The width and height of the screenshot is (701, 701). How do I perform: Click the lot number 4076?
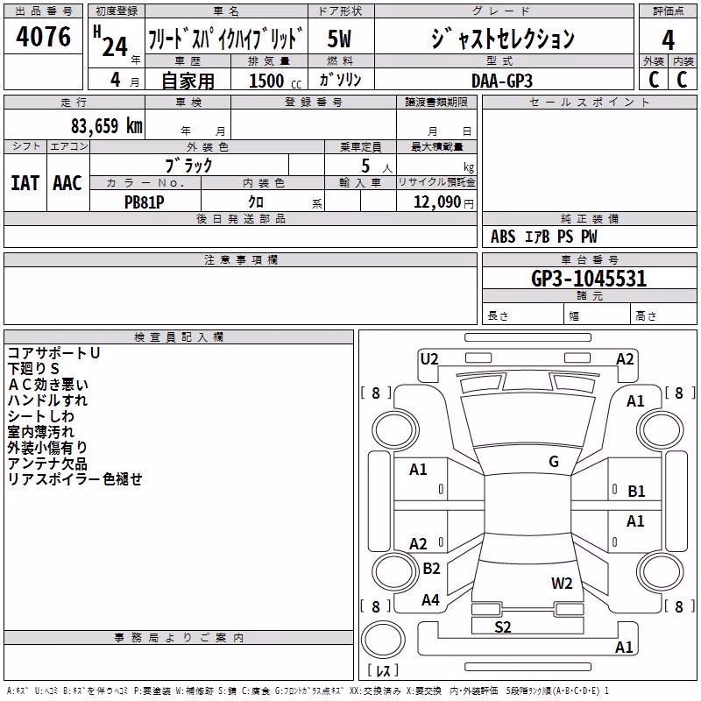click(43, 37)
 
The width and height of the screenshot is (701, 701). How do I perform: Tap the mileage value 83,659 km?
click(106, 126)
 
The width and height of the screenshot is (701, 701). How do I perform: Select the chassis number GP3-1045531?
click(589, 279)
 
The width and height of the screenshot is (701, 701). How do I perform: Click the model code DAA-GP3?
click(501, 81)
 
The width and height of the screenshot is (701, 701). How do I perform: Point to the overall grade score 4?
click(668, 40)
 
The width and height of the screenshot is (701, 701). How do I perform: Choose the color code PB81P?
click(144, 202)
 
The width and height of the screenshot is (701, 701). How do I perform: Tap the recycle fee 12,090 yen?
click(443, 202)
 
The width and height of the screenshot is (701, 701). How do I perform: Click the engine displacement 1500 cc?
click(275, 81)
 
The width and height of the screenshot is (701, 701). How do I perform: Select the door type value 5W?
click(339, 39)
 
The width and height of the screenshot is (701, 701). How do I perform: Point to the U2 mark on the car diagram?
click(429, 359)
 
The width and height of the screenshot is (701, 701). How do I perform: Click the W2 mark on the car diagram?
click(562, 584)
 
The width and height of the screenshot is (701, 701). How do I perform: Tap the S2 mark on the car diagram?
click(502, 627)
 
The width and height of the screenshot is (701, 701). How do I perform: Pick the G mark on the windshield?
click(554, 462)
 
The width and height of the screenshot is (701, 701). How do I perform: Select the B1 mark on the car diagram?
click(636, 492)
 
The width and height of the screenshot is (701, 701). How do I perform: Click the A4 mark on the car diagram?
click(430, 600)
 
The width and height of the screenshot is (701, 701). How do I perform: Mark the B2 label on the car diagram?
click(431, 568)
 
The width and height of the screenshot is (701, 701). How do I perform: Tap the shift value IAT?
click(25, 183)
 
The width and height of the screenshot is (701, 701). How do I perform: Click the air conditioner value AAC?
click(67, 183)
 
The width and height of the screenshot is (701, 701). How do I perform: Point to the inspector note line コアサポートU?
click(53, 353)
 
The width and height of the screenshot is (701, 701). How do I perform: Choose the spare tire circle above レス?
click(383, 640)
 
